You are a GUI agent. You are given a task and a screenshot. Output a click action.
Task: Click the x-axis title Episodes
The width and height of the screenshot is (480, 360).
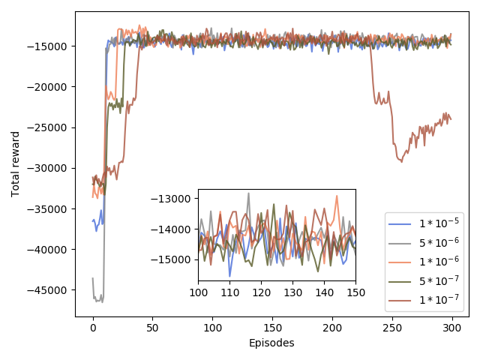[271, 343]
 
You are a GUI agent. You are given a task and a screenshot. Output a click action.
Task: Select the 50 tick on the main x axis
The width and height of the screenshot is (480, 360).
[152, 328]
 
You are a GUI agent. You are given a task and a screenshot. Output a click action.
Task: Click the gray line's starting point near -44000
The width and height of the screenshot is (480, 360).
[93, 279]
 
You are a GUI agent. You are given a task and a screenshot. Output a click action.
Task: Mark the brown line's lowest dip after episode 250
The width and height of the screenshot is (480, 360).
[402, 161]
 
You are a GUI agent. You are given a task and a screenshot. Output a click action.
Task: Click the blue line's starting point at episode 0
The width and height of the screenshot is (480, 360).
[93, 220]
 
